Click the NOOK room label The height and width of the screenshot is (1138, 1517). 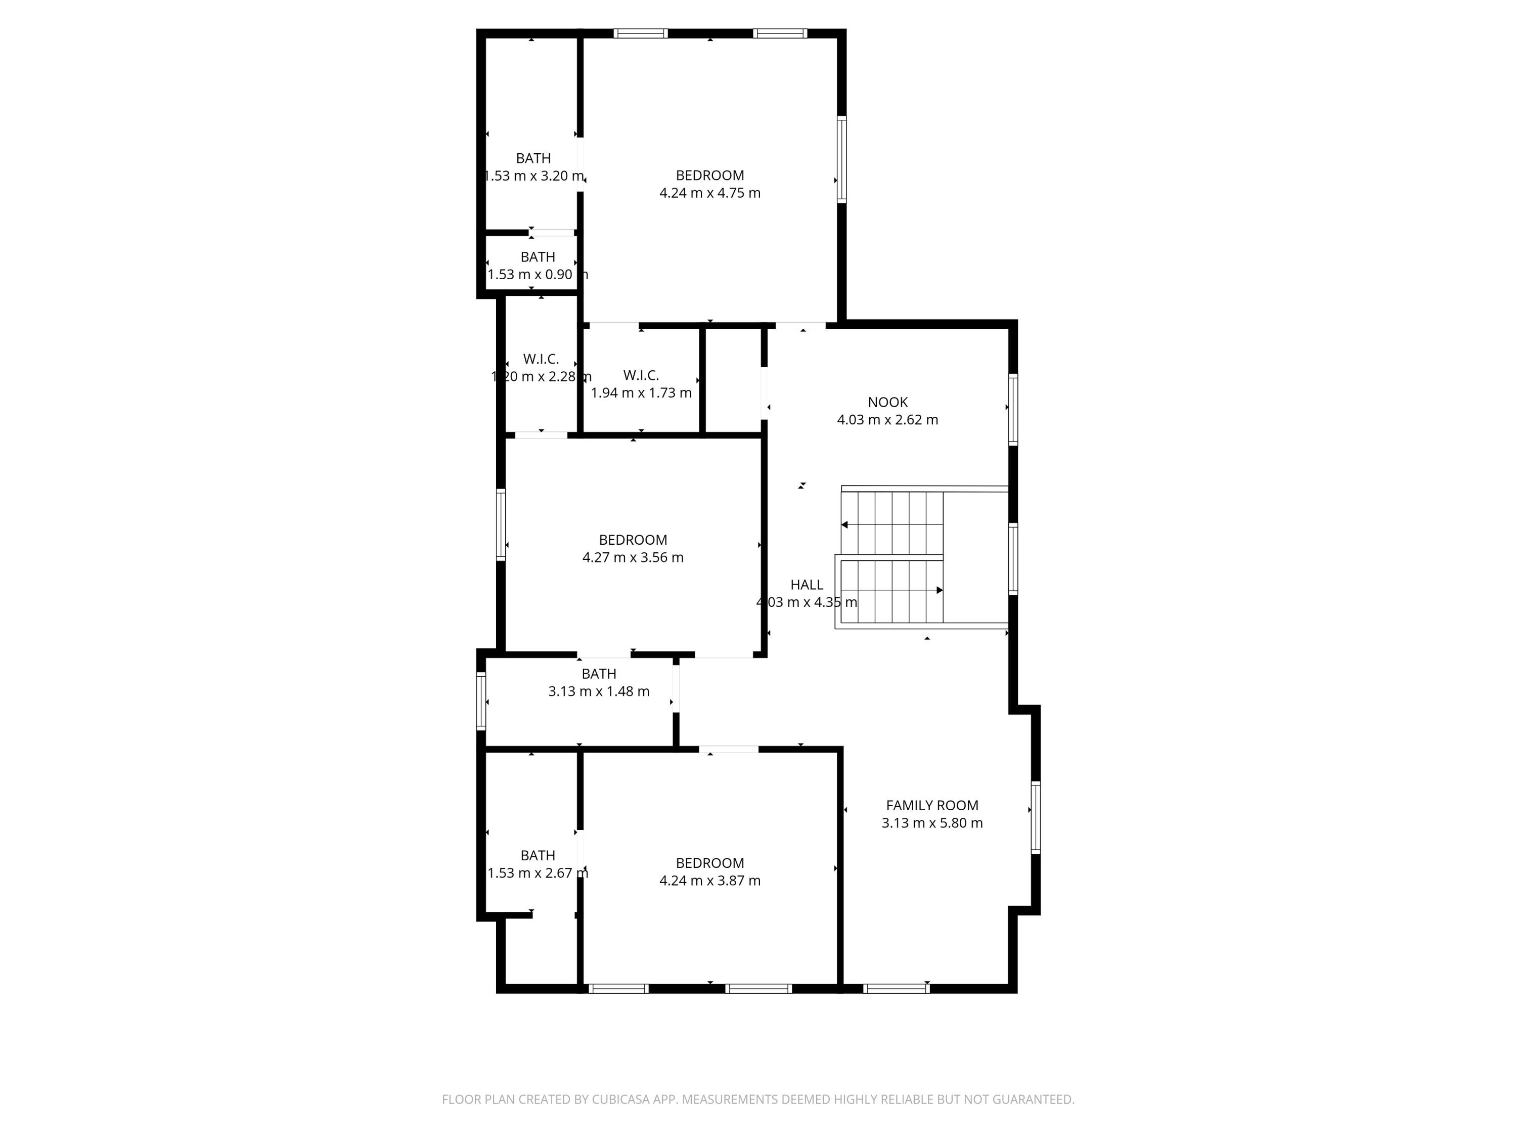click(887, 402)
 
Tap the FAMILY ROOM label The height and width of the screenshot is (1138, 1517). click(931, 805)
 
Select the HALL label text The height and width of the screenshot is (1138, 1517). click(807, 585)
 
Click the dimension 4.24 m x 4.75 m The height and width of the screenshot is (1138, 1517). click(710, 193)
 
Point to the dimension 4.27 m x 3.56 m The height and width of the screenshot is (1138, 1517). click(632, 557)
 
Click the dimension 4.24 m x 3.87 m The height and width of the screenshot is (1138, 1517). click(710, 880)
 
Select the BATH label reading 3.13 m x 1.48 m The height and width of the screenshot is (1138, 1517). click(599, 674)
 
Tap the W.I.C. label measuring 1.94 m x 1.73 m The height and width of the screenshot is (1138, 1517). click(641, 375)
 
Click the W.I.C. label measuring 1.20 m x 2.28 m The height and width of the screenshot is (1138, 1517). click(541, 359)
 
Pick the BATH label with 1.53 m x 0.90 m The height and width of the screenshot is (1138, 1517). click(538, 256)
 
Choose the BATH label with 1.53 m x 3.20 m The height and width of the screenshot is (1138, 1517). click(533, 158)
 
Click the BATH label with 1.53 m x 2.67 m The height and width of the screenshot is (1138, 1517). click(538, 855)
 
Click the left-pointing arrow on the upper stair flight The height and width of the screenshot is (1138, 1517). click(845, 525)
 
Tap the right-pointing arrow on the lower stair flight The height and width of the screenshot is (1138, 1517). click(940, 590)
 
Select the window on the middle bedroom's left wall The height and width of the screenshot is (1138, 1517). click(501, 525)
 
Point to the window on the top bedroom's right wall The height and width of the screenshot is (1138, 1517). click(841, 159)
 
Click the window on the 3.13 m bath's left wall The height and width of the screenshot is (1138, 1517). click(481, 701)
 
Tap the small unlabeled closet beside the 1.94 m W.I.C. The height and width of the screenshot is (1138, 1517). click(732, 381)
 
